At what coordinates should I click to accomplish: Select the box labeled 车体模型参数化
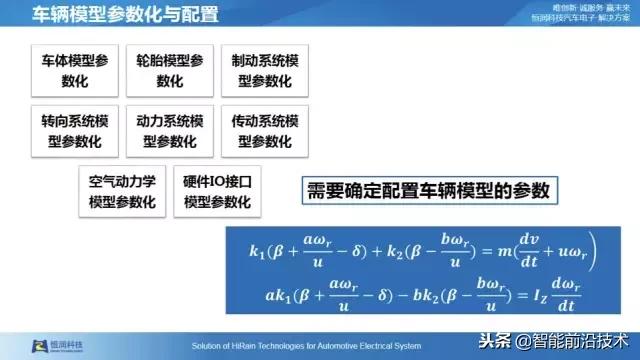click(76, 69)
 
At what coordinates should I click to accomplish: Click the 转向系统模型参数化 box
click(76, 130)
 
